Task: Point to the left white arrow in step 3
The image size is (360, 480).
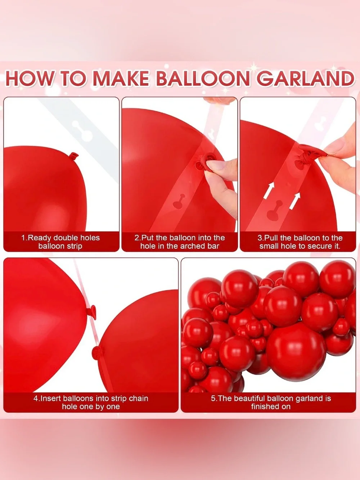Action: (269, 191)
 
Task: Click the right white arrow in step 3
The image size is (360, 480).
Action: (295, 201)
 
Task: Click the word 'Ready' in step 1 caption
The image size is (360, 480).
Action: (40, 238)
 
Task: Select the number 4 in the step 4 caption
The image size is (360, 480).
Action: (36, 398)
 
